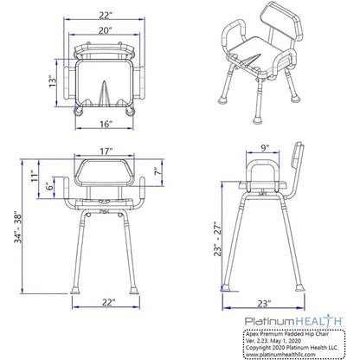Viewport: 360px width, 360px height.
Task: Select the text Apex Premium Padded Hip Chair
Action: point(294,332)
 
